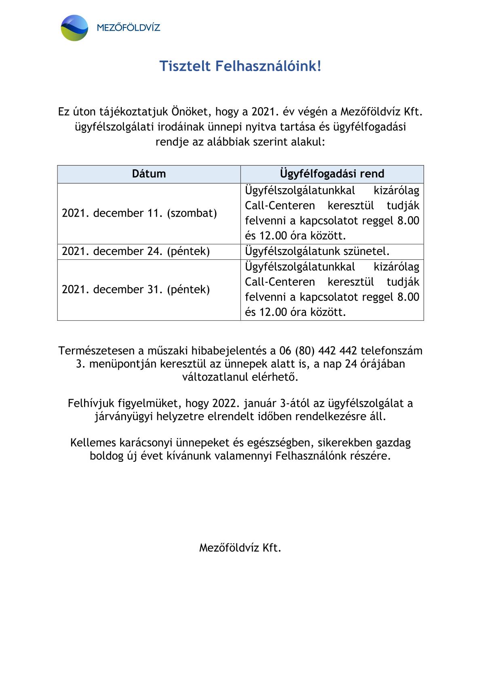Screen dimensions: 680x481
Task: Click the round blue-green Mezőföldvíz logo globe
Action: point(74,28)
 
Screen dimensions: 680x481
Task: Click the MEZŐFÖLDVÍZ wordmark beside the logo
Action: point(129,28)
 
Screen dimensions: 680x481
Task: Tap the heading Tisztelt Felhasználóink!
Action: point(240,66)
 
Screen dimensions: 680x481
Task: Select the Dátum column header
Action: point(149,174)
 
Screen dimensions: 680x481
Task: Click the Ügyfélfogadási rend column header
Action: point(332,174)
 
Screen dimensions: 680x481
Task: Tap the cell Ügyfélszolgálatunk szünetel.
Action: point(317,251)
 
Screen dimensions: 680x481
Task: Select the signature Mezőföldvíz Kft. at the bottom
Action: point(240,548)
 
